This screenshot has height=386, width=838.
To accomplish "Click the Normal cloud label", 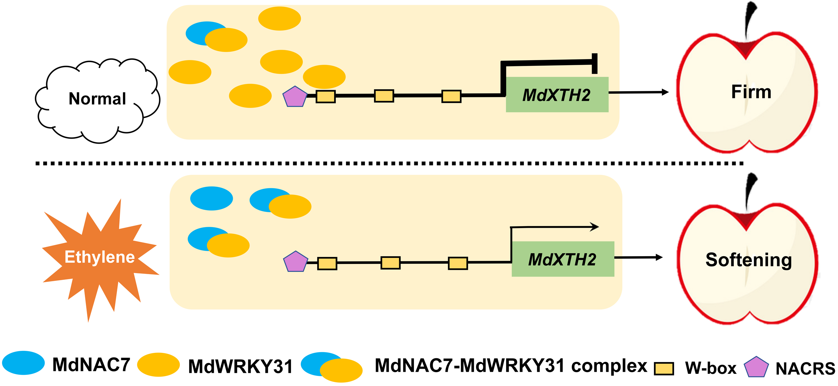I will (x=97, y=99).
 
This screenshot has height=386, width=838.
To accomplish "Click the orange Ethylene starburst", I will (x=100, y=257).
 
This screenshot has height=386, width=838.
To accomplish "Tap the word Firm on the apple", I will (x=751, y=92).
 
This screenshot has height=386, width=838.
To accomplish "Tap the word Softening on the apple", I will (x=748, y=260).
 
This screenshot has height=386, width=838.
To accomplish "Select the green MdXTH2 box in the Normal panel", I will (x=557, y=95).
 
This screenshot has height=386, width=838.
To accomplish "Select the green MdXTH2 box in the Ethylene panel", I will (x=563, y=259).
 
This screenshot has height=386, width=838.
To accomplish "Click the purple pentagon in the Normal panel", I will (x=295, y=97).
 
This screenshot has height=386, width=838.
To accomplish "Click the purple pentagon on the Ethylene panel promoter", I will (x=295, y=262).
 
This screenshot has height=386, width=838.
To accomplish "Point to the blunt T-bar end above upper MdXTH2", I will (x=595, y=63).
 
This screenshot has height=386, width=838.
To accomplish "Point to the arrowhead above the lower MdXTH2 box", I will (x=595, y=226).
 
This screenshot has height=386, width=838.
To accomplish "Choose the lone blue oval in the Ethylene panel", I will (x=212, y=198).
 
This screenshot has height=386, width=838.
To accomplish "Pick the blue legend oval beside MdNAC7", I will (x=23, y=363).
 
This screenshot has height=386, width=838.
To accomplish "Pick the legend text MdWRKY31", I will (x=240, y=367).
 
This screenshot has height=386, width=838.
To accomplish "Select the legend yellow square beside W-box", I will (x=664, y=368).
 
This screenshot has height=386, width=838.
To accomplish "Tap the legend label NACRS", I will (x=805, y=369).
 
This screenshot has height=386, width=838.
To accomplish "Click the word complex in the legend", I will (x=609, y=366).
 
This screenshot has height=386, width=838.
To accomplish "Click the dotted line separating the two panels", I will (x=389, y=164).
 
